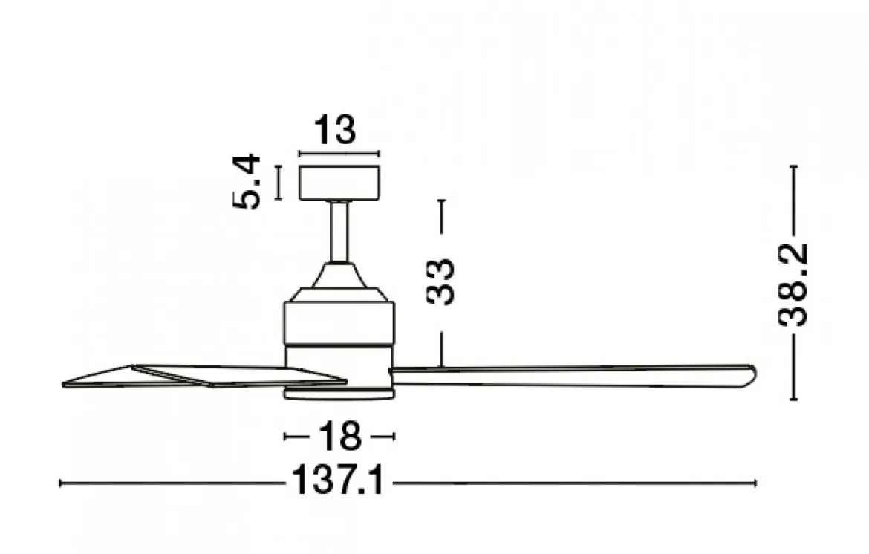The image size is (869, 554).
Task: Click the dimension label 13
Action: click(x=335, y=130)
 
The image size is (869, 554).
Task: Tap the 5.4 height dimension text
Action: click(x=246, y=182)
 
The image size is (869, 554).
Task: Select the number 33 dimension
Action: click(x=440, y=281)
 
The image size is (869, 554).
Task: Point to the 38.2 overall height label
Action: click(x=792, y=284)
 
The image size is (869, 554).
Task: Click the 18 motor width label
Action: click(x=339, y=437)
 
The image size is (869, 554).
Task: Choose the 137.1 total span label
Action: click(x=337, y=480)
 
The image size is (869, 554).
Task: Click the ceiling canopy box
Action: click(x=339, y=183)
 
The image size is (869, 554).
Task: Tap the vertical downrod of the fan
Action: click(x=339, y=231)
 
